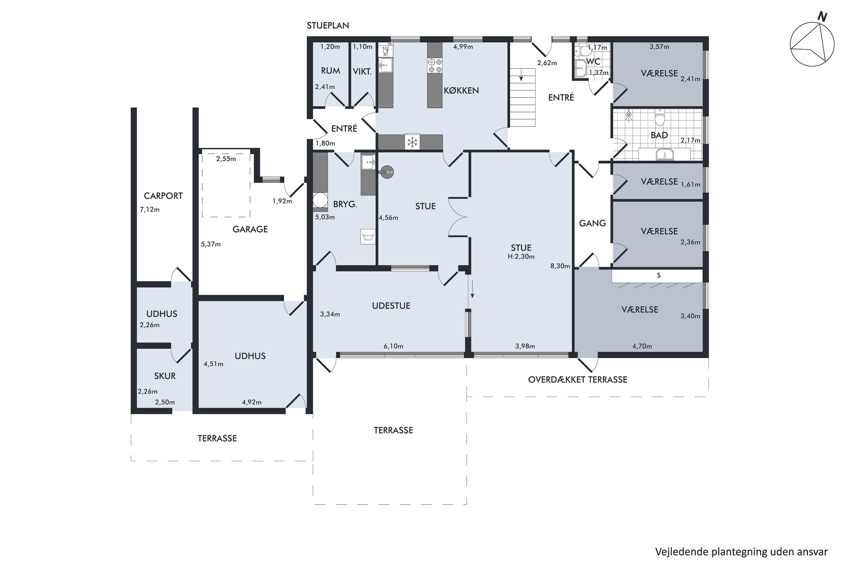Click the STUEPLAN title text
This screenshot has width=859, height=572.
coord(328,25)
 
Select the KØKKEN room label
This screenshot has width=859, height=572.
coord(461,90)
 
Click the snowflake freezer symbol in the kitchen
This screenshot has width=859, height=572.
coord(412,142)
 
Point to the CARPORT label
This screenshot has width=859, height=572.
coord(163,196)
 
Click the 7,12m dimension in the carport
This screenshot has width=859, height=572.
coord(150,210)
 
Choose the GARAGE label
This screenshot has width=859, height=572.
coord(250,229)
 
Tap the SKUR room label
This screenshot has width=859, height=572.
coord(165,376)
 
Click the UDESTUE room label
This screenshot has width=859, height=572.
coord(391,306)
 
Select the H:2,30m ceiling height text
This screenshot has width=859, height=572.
coord(521,257)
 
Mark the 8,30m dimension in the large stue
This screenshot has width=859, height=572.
coord(560,266)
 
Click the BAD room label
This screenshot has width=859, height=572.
coord(659,135)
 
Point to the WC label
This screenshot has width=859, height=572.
coord(593,62)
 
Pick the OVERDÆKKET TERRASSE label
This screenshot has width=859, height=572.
coord(578,380)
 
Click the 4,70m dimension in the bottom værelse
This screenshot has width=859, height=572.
coord(642,346)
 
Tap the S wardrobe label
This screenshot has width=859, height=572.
coord(659,275)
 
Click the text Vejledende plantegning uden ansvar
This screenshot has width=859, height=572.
coord(741,552)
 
